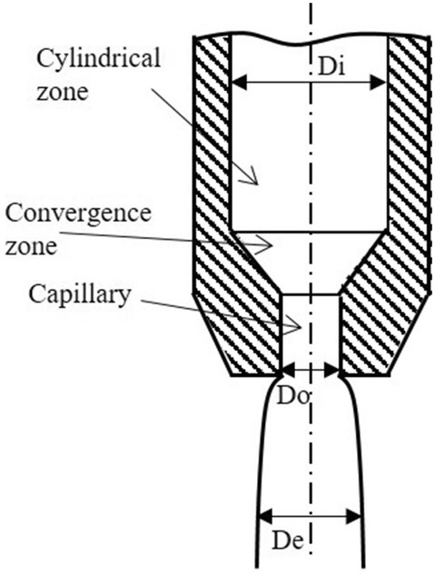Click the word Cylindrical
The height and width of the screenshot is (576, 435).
(x=98, y=59)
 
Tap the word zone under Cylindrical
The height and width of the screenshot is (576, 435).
(x=63, y=92)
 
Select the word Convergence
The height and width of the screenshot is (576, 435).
(x=78, y=214)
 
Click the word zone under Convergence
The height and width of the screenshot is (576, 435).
(x=31, y=246)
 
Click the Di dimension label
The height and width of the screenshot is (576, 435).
(x=331, y=66)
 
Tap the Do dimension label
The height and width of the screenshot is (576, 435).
(x=292, y=396)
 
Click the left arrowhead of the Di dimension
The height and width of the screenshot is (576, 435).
(x=239, y=82)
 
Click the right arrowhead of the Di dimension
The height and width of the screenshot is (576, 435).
(x=379, y=82)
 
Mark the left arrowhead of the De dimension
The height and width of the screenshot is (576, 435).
(x=265, y=517)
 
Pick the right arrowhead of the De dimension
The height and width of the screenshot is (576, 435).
(x=352, y=517)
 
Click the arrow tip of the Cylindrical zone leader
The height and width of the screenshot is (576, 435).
(x=257, y=184)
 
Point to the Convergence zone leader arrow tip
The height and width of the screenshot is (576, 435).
(x=272, y=245)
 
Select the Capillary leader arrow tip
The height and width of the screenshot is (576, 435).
(x=301, y=326)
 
